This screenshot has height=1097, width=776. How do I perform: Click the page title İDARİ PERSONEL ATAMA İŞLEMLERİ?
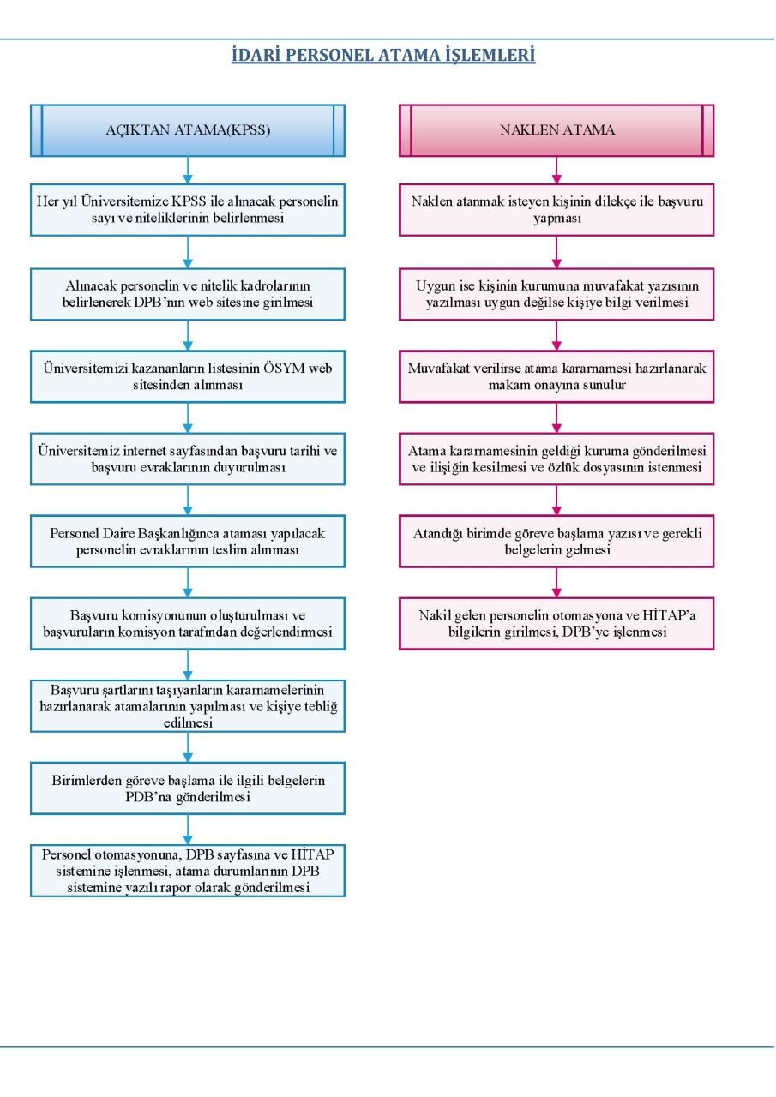(383, 55)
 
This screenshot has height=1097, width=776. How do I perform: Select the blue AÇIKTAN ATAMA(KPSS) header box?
(188, 130)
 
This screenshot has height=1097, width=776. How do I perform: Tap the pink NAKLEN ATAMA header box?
(556, 130)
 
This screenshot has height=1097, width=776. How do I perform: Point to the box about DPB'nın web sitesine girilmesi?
(188, 294)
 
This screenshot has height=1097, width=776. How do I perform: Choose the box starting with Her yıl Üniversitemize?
(188, 210)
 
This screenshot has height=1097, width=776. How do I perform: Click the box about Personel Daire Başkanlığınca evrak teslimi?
(188, 541)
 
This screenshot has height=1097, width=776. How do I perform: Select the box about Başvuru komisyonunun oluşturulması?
(188, 623)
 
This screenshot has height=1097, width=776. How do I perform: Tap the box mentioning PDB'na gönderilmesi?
(188, 788)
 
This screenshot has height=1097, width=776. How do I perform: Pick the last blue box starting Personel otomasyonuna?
(188, 871)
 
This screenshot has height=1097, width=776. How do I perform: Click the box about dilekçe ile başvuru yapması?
(556, 210)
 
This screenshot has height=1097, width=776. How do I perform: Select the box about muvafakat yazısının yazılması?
(556, 294)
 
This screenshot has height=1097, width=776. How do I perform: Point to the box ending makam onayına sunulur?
(556, 376)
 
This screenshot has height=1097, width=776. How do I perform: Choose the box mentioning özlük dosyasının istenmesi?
(556, 459)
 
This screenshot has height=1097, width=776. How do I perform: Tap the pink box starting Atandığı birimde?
(556, 541)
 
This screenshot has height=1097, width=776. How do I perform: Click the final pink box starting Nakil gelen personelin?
(556, 623)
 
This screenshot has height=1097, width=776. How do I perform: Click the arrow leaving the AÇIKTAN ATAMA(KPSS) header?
(188, 171)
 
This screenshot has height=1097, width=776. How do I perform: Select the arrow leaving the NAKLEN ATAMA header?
(556, 171)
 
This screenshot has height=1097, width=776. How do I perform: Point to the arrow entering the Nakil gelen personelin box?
(556, 582)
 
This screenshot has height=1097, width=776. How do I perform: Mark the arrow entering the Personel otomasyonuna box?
(188, 830)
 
